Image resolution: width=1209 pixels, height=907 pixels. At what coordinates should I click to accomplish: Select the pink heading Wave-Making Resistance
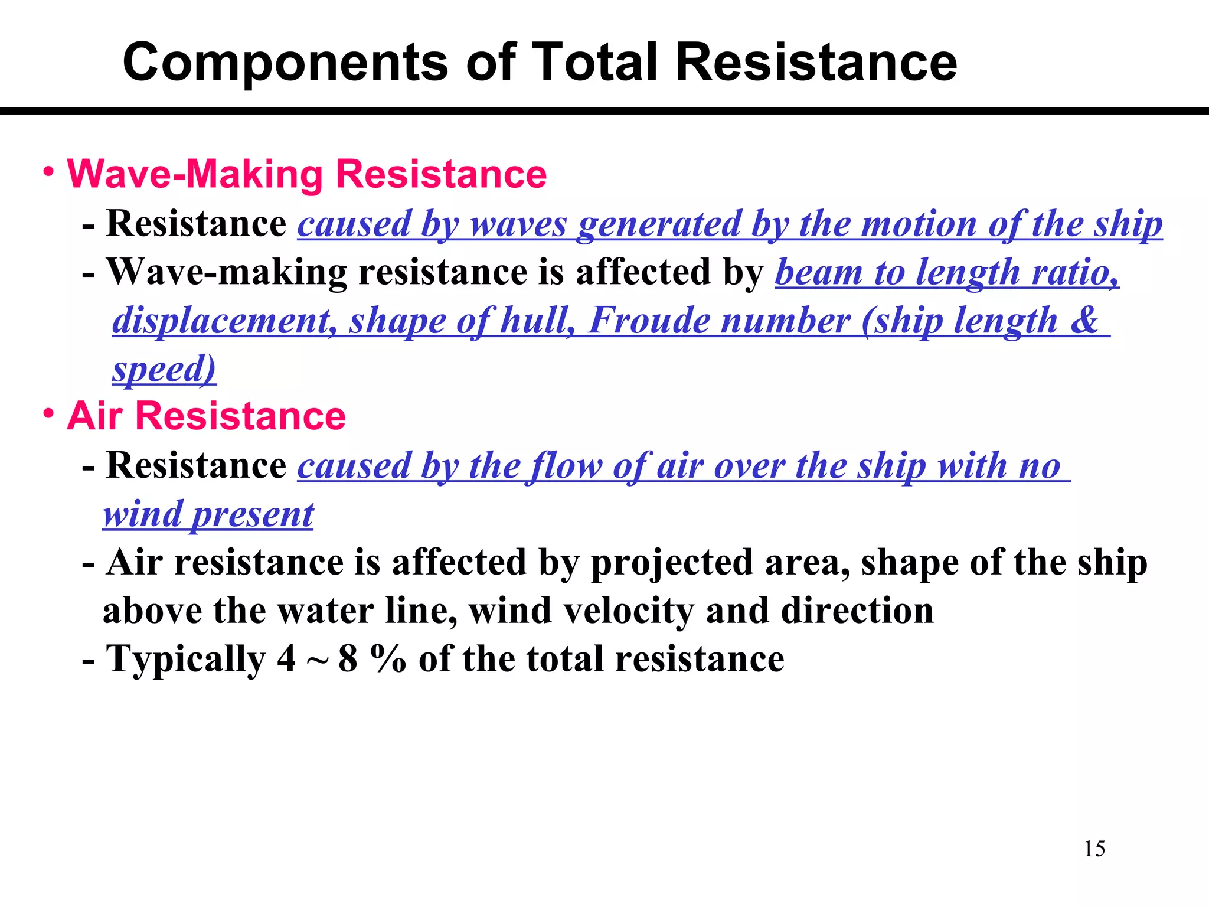pos(307,174)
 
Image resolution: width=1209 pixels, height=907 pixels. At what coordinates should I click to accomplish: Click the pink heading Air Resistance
pos(206,416)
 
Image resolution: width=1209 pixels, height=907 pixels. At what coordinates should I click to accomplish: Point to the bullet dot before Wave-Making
pos(50,172)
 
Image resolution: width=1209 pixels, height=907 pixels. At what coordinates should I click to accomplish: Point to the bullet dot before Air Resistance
pos(50,413)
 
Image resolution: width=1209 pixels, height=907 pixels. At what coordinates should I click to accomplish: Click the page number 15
pos(1094,849)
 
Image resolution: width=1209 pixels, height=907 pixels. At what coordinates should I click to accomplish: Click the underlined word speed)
pos(164,369)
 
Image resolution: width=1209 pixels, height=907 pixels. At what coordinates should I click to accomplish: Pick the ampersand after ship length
pos(1084,321)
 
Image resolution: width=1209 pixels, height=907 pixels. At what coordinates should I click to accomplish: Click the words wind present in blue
pos(208,514)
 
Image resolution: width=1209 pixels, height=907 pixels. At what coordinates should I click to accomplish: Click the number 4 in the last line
pos(286,659)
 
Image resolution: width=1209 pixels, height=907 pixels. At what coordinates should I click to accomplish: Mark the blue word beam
pos(818,273)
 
